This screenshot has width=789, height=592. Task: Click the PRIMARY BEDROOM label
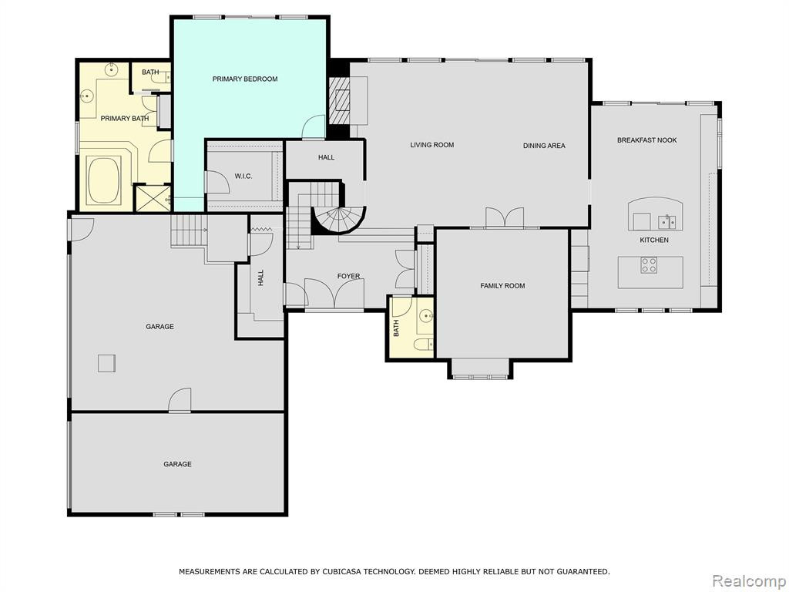[x=244, y=79]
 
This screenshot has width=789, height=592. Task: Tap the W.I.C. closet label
[x=243, y=177]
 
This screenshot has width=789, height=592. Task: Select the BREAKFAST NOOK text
[x=646, y=140]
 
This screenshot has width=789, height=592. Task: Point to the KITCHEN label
[x=654, y=240]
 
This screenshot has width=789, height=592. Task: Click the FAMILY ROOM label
[x=502, y=286]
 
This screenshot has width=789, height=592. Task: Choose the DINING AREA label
[x=544, y=146]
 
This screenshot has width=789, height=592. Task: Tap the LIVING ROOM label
[x=431, y=145]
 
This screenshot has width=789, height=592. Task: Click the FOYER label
[x=348, y=277]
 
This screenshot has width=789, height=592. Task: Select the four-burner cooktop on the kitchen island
[x=649, y=265]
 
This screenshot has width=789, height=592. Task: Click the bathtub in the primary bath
[x=104, y=180]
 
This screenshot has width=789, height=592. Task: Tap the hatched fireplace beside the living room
[x=339, y=100]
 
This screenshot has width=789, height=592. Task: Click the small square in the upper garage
[x=106, y=363]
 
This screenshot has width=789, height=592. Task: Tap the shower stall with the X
[x=153, y=198]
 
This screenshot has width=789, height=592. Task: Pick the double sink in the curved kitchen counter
[x=667, y=221]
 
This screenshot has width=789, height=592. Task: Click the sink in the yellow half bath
[x=425, y=316]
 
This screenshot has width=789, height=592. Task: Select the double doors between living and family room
[x=505, y=218]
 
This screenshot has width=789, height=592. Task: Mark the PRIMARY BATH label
[x=125, y=119]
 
